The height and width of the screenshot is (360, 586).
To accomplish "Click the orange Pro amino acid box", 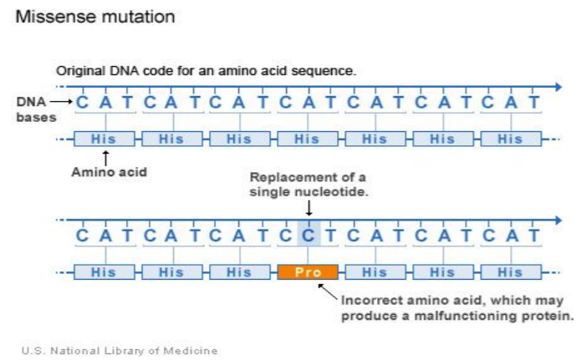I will coord(308,272).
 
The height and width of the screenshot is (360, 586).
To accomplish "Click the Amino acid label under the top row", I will coord(109,173).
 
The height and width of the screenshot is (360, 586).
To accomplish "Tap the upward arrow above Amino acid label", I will coord(105,156).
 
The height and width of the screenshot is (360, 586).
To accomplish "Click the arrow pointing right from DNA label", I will coord(62,102).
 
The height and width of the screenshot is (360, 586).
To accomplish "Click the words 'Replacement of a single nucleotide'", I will coord(308,185).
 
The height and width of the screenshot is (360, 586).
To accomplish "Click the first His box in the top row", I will coord(104,139).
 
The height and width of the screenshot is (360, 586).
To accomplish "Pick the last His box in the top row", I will coord(510,139).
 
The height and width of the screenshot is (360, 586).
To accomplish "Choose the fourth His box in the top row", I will coord(308,139).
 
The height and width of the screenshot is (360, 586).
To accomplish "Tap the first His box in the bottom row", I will coord(104,272).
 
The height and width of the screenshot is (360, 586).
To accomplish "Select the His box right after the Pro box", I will coord(375,272).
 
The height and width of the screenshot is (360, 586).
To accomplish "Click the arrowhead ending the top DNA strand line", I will coord(557,87).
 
